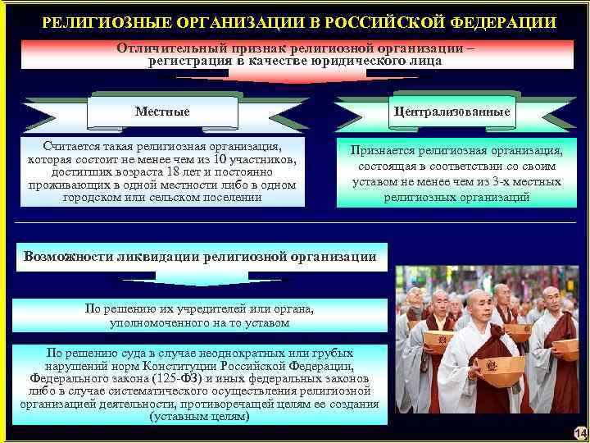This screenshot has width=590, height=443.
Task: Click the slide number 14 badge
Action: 580,433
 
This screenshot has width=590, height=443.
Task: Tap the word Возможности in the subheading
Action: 67,256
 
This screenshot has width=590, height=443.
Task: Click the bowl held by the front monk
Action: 501,368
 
